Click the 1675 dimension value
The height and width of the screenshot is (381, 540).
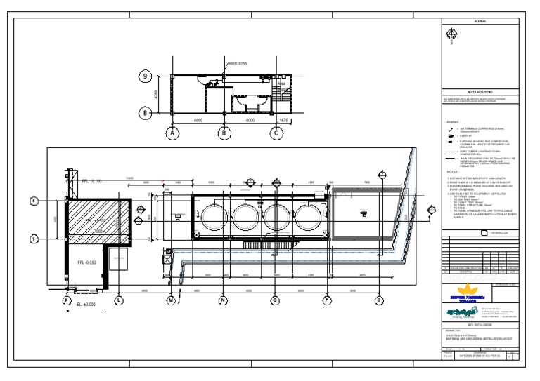pos(283,120)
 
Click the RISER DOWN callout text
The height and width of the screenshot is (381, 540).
pos(237,63)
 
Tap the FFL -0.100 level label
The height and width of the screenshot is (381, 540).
pos(91,181)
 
